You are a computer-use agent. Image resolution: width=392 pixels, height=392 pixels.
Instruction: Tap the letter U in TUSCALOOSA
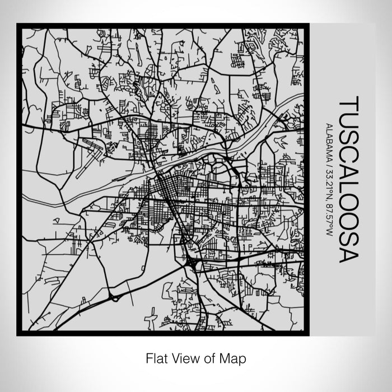pyautogui.click(x=347, y=121)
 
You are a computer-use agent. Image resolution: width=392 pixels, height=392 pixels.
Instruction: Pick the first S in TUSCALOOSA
pyautogui.click(x=347, y=137)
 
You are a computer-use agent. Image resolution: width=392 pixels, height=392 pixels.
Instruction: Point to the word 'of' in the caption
pyautogui.click(x=205, y=357)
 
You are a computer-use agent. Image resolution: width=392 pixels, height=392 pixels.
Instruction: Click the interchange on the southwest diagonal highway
pyautogui.click(x=114, y=298)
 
